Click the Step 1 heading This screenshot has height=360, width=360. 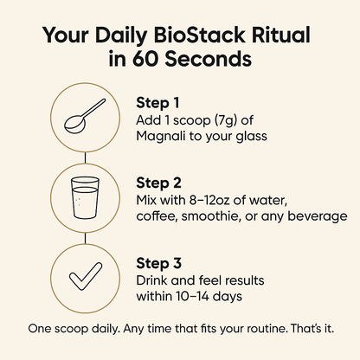coord(159,102)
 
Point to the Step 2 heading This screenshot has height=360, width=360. coord(160,183)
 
